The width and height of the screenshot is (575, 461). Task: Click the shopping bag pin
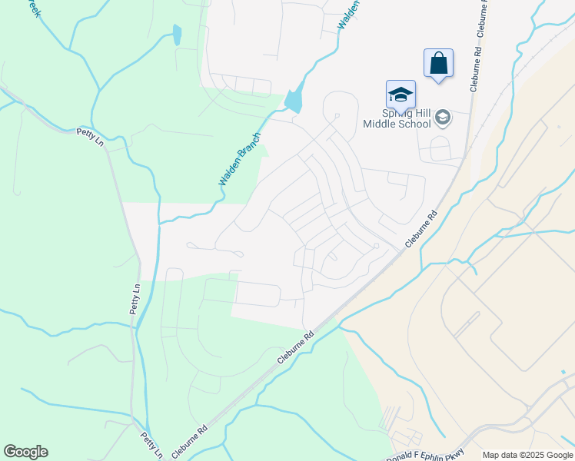point(438,63)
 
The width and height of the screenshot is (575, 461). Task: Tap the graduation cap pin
point(401,95)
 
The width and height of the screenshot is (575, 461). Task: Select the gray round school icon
point(442,118)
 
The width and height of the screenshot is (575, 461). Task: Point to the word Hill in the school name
point(419,112)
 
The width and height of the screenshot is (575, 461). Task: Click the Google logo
point(25,452)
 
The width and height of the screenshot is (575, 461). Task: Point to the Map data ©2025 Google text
point(527,455)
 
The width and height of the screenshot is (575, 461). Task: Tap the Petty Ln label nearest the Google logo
point(151,444)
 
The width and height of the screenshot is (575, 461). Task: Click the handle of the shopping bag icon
point(438,55)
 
